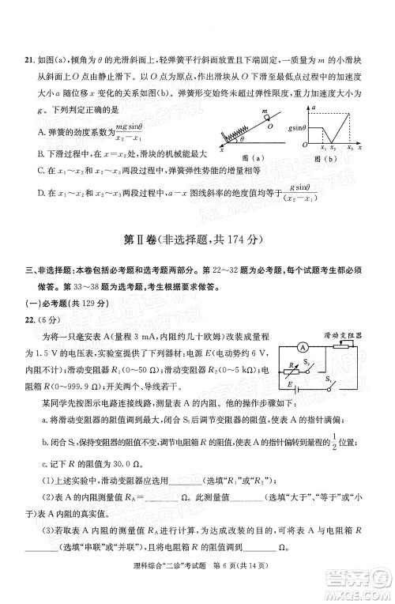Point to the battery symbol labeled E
(x=295, y=387)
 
